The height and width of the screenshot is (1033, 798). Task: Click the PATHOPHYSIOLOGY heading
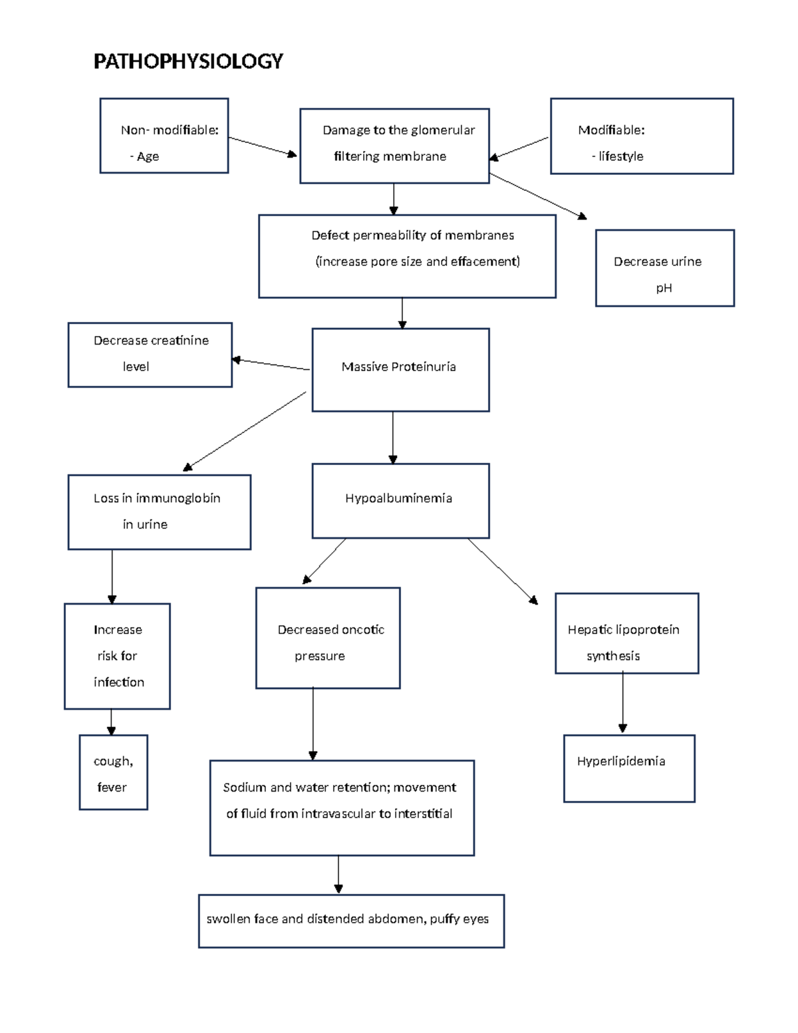[x=188, y=61]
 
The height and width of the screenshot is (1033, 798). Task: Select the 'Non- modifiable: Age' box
[x=164, y=136]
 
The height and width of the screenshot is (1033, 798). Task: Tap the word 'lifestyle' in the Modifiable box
[x=620, y=156]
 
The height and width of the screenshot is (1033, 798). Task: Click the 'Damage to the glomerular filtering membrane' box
[x=394, y=146]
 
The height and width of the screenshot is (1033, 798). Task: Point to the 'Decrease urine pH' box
[x=664, y=268]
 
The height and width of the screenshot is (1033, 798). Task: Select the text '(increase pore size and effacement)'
[x=418, y=261]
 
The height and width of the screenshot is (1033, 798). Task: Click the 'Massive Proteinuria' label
[x=398, y=367]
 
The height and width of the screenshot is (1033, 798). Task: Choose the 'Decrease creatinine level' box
[x=150, y=355]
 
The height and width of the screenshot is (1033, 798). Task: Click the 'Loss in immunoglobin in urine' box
[x=159, y=512]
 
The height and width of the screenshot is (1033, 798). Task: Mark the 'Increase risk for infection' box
[x=117, y=656]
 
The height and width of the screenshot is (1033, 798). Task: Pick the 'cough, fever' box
[x=113, y=772]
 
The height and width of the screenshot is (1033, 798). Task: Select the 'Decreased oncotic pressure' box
[x=328, y=638]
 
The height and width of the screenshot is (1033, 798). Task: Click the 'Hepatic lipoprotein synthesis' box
[x=626, y=633]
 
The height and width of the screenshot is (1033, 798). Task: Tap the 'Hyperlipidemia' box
[x=628, y=768]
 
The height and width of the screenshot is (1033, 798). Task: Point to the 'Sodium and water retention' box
[x=342, y=808]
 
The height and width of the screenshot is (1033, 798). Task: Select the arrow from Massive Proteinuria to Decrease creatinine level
[x=270, y=365]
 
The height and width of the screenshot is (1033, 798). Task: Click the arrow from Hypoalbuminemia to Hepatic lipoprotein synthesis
[x=502, y=571]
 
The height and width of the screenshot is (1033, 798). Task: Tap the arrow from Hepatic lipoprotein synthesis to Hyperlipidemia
[x=622, y=702]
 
